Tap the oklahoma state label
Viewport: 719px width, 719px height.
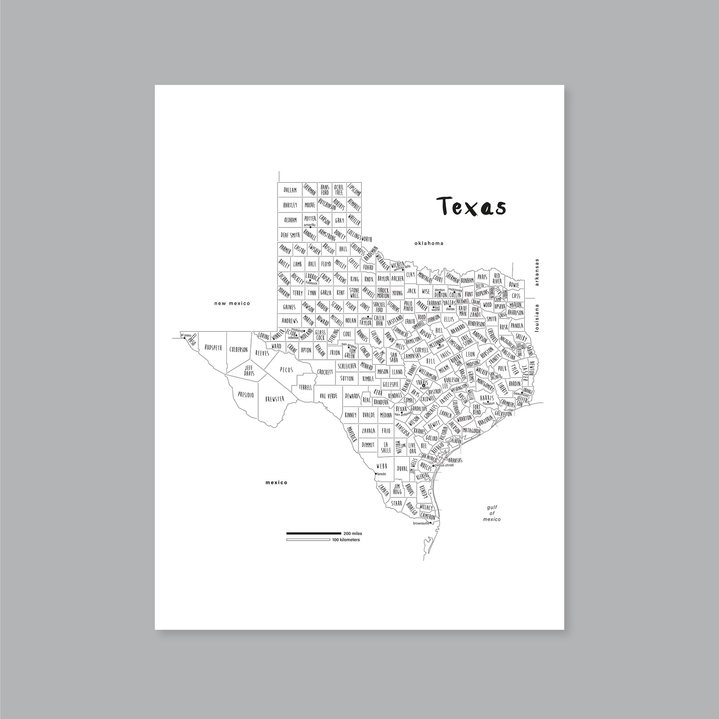click(x=429, y=243)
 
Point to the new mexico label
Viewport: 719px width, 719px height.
click(x=232, y=304)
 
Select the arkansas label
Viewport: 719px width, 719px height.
click(x=537, y=272)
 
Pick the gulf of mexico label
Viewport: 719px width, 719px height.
click(x=491, y=513)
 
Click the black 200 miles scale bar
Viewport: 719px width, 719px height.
click(x=313, y=534)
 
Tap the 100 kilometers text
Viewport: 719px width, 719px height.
click(x=346, y=540)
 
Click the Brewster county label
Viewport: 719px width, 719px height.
click(x=275, y=398)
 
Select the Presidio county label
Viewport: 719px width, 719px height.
click(x=246, y=395)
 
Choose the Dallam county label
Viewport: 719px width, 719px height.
click(x=290, y=190)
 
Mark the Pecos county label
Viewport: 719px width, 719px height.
click(x=286, y=370)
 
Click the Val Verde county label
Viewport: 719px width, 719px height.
click(x=328, y=396)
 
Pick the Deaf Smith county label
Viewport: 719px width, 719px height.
click(x=290, y=235)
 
